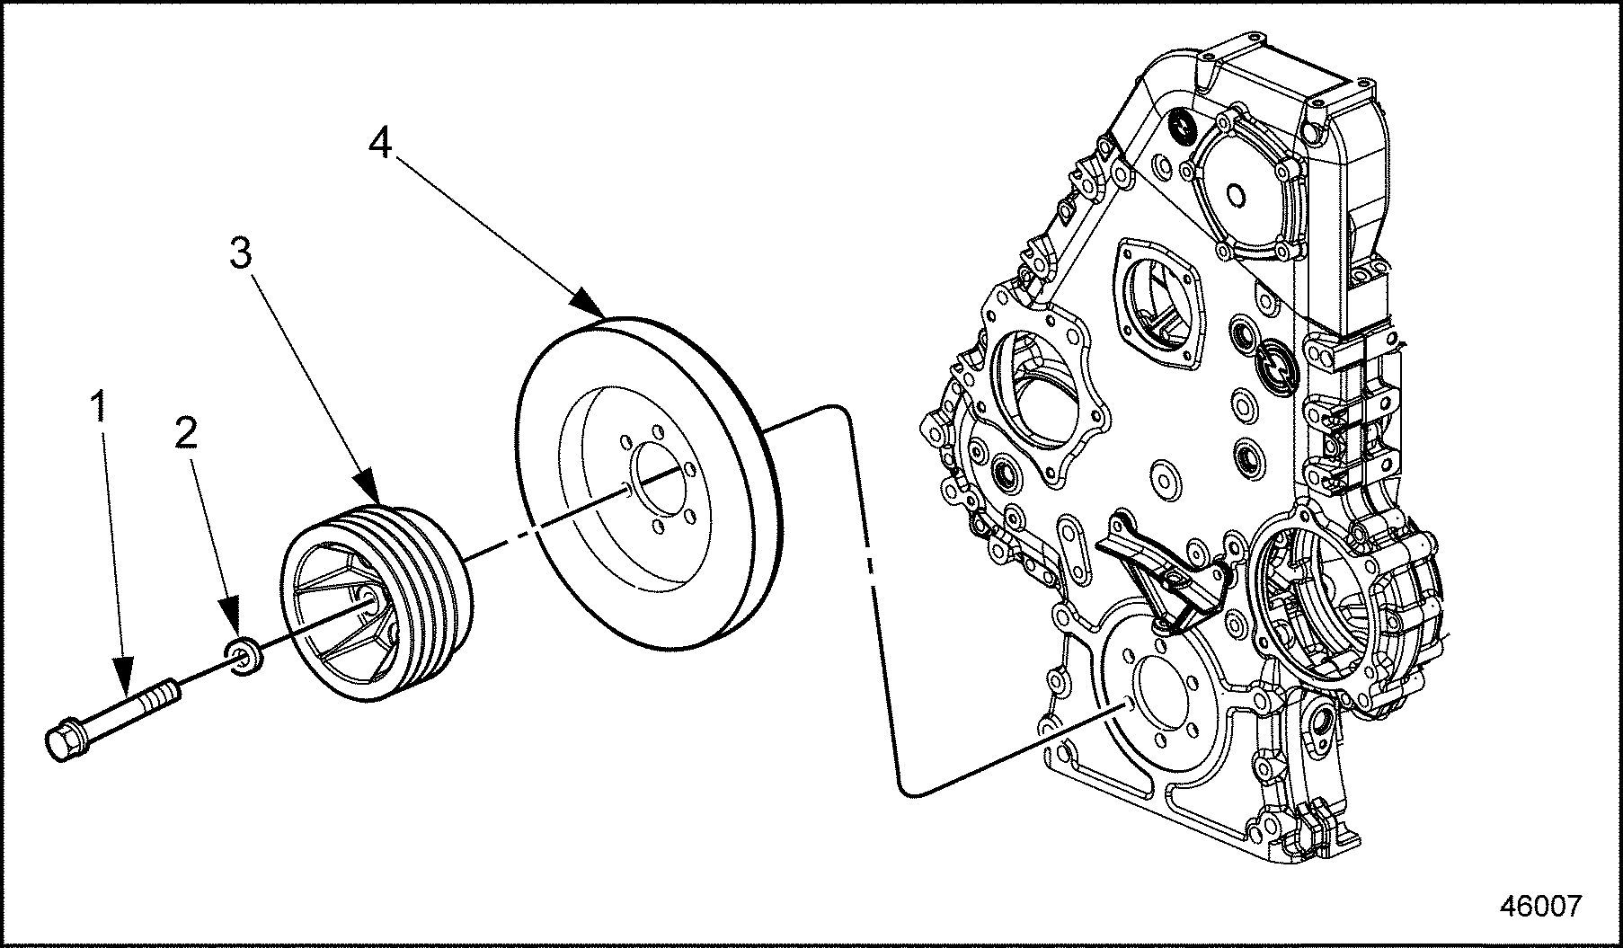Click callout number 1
[102, 407]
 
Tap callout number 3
[241, 253]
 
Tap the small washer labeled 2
[244, 655]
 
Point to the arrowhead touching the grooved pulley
[371, 486]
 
